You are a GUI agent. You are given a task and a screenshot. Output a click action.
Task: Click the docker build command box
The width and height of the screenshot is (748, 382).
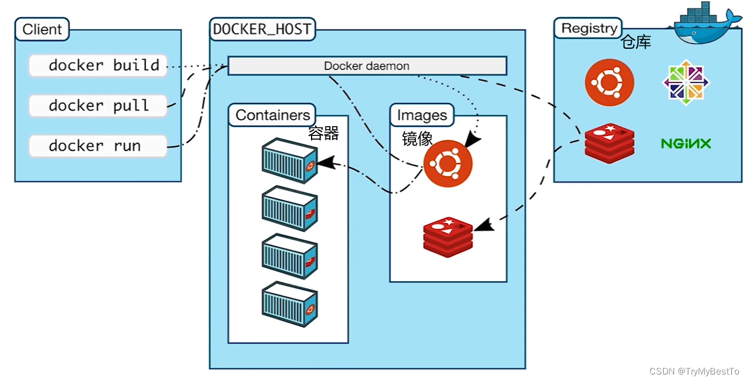point(98,65)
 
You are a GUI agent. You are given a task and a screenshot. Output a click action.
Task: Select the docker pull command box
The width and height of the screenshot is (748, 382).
point(98,106)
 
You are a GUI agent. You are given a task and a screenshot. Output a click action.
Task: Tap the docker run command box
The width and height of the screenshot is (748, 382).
point(98,146)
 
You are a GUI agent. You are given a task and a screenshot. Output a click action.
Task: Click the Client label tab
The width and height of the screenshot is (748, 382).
point(42,29)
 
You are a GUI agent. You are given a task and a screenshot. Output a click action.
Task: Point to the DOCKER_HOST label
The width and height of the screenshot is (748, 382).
point(262,29)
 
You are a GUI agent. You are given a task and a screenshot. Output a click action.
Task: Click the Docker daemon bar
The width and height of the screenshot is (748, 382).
point(367,66)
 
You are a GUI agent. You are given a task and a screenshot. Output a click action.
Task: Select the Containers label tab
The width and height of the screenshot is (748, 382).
point(272,115)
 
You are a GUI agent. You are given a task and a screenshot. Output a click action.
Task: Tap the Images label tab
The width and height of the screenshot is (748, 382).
point(422,115)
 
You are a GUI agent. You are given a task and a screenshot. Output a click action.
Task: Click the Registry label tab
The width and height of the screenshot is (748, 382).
point(588,28)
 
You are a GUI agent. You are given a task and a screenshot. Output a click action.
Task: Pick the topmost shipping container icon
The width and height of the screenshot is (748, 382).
point(290,161)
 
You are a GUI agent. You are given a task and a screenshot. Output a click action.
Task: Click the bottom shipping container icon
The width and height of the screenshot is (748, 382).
point(290,304)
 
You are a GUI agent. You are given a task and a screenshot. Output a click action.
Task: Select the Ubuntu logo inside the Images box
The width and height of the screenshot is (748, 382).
point(448,163)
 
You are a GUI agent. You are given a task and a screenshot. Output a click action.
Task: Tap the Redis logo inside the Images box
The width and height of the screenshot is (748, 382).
point(448,237)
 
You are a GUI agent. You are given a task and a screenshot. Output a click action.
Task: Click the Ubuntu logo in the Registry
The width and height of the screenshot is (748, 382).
point(609,83)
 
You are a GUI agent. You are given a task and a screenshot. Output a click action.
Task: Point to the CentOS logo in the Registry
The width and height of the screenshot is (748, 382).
point(686,82)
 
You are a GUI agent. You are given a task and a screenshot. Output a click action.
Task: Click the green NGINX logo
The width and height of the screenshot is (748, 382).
point(686,144)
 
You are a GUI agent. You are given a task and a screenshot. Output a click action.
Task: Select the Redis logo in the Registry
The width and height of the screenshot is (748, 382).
point(609,143)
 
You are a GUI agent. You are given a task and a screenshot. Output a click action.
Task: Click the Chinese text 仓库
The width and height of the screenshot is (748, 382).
point(636,42)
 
